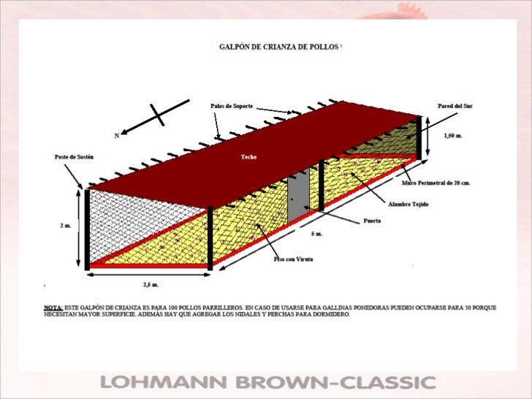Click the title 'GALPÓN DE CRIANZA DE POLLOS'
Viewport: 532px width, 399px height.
pyautogui.click(x=279, y=45)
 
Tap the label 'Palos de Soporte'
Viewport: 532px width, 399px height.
pyautogui.click(x=232, y=106)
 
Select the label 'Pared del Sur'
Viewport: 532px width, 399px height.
pyautogui.click(x=455, y=106)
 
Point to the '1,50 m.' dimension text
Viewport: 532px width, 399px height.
pyautogui.click(x=453, y=135)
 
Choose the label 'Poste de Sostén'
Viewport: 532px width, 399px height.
pyautogui.click(x=74, y=156)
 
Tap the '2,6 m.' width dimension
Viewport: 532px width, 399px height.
pyautogui.click(x=150, y=284)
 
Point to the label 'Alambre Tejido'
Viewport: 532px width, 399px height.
pyautogui.click(x=408, y=204)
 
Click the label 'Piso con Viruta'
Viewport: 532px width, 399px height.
pyautogui.click(x=293, y=259)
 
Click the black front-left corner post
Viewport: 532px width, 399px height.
pyautogui.click(x=87, y=228)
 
